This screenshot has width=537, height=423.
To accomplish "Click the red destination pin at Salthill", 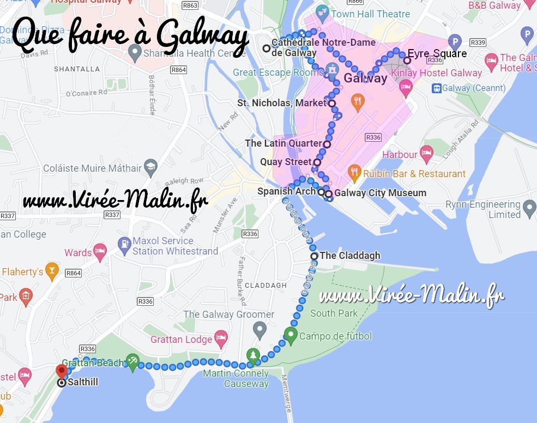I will (61, 371).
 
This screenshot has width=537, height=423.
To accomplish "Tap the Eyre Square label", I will (437, 53).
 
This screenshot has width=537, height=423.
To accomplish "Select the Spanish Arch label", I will (286, 191).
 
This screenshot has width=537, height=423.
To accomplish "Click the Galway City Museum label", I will (380, 192).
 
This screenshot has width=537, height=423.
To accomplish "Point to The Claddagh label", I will (349, 255).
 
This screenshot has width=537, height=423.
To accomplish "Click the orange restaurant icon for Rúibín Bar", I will (354, 173).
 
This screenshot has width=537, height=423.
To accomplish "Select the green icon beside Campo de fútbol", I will (291, 336).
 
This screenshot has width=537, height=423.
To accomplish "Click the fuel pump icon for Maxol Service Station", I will (124, 245).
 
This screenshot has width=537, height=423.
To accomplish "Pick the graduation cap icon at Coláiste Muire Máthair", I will (151, 168).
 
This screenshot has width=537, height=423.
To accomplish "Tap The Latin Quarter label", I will (283, 143).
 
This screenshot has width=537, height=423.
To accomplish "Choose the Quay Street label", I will (286, 162).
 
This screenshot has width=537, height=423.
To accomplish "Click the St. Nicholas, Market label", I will (281, 103).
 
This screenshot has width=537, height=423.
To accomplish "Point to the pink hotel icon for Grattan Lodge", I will (220, 339).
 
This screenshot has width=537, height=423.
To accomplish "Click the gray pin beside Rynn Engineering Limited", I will (529, 208).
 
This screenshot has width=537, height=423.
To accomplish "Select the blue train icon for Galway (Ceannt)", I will (436, 88).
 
